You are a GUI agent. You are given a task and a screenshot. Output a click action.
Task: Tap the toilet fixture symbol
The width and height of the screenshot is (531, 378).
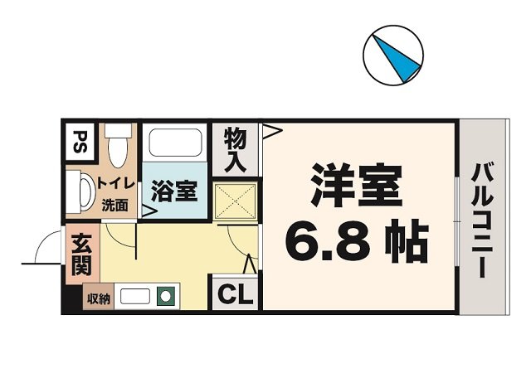[x=118, y=146]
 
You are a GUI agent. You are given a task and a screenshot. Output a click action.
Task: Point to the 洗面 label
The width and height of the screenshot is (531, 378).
[x=115, y=205]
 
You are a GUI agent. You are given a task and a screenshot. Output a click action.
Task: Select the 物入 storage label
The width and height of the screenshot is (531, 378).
[x=235, y=149]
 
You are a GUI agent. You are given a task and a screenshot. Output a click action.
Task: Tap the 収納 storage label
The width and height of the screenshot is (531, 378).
[x=97, y=298]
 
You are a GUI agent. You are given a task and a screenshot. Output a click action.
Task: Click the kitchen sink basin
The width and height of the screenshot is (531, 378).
[x=134, y=296]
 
